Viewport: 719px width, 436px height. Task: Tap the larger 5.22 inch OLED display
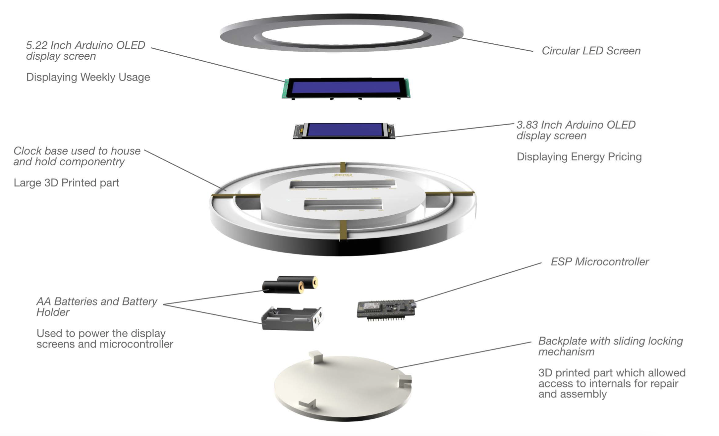346,87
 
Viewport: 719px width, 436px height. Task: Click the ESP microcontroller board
386,309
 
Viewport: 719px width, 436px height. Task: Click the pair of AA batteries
290,285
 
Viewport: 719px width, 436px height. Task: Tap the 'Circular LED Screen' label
591,51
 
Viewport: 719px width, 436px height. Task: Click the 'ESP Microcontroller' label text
599,262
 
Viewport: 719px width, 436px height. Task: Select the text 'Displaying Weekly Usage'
88,77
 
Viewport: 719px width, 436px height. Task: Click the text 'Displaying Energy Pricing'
579,157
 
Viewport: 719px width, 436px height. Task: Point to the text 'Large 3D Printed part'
66,183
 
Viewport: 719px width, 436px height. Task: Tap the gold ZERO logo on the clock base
343,175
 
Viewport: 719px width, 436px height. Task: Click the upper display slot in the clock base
342,185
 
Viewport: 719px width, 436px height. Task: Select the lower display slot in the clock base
343,204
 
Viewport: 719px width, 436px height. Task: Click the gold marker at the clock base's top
343,167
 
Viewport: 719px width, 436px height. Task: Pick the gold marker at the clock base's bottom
343,230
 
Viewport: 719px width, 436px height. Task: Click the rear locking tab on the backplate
316,357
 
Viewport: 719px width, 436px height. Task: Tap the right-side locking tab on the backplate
405,381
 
